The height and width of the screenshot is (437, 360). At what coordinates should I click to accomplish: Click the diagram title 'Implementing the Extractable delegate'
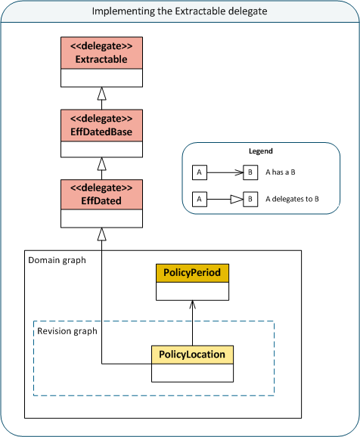[179, 11]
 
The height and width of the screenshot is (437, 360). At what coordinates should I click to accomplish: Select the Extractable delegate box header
[101, 53]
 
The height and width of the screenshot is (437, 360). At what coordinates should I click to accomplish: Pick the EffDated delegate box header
[101, 193]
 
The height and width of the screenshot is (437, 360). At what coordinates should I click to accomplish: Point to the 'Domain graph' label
[57, 260]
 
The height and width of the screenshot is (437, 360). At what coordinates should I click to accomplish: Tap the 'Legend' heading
[260, 151]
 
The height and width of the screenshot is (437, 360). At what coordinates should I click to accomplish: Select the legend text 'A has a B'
[280, 172]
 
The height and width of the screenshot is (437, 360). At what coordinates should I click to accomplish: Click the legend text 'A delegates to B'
[291, 200]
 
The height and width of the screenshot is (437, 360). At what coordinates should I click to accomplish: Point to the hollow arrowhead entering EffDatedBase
[101, 163]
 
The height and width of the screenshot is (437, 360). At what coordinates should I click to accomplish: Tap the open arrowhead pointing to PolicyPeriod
[192, 304]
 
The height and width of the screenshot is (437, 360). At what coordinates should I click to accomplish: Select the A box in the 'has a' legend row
[199, 172]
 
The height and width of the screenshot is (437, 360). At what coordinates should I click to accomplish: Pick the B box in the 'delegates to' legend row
[250, 200]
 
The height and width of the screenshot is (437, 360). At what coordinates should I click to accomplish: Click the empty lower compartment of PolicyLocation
[192, 371]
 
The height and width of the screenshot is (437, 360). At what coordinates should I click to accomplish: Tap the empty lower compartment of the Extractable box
[101, 78]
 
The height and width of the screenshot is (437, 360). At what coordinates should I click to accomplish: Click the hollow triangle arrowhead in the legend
[236, 200]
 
